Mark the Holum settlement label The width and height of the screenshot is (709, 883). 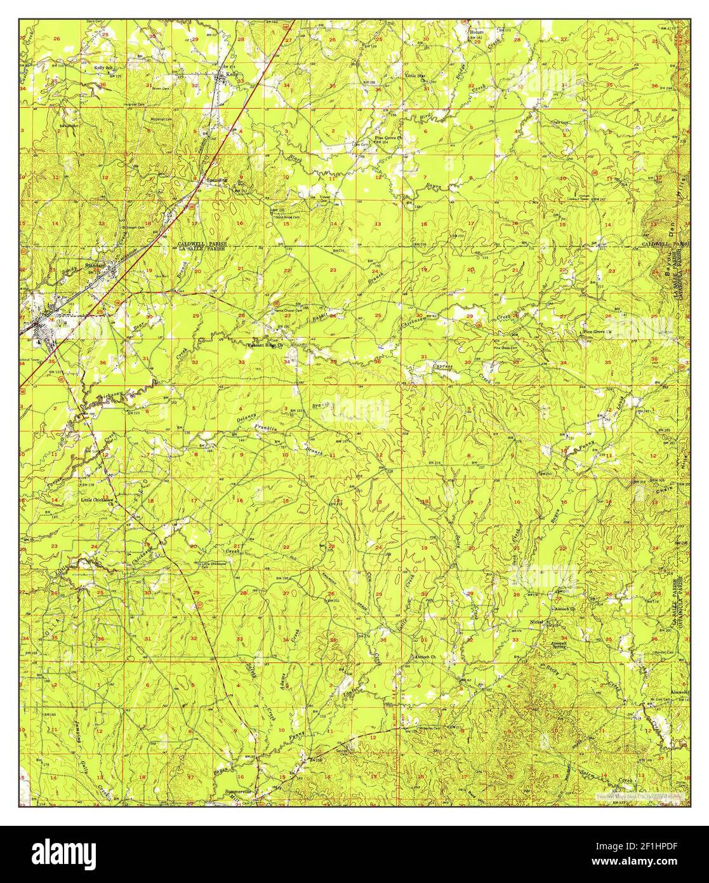point(477,30)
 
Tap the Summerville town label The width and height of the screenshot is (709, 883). point(239,792)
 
